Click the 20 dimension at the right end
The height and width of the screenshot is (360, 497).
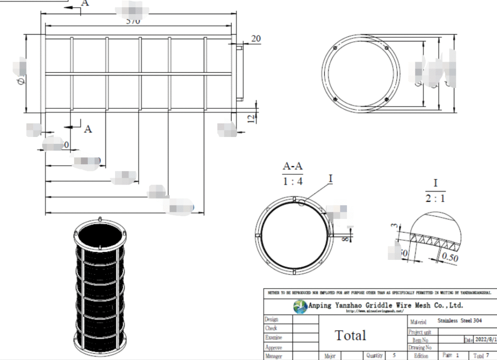[256, 39]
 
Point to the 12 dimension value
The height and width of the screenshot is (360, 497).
[250, 119]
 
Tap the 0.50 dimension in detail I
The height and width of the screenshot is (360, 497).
[450, 257]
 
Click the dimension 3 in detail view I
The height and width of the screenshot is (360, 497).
[394, 226]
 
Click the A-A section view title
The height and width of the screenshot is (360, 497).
[293, 166]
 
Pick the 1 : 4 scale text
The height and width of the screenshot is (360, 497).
[293, 181]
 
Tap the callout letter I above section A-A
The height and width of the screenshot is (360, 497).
[331, 179]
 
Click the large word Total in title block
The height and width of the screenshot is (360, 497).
[350, 335]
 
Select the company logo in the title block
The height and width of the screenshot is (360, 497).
[300, 307]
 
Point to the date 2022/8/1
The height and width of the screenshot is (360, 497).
[485, 340]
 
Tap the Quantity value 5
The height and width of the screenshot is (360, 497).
[394, 355]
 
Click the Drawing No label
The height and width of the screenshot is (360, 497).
[420, 347]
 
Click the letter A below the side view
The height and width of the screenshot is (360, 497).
[88, 128]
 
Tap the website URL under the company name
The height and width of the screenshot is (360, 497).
[375, 311]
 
